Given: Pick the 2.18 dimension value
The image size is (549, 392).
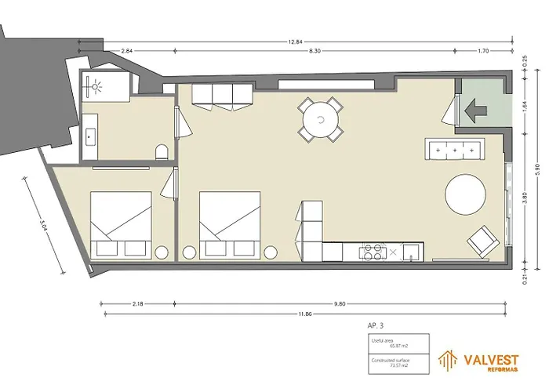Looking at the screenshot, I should [x=138, y=303].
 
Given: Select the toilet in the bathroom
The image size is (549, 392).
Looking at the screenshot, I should [x=162, y=151].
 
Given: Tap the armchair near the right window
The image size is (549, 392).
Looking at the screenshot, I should [x=482, y=241].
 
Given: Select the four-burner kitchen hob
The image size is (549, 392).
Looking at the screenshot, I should [x=371, y=252].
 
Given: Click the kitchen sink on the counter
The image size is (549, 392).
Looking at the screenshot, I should [x=409, y=252].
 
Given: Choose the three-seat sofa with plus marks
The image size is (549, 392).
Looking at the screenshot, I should [x=454, y=147].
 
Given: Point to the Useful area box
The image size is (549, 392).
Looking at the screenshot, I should [x=398, y=343].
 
